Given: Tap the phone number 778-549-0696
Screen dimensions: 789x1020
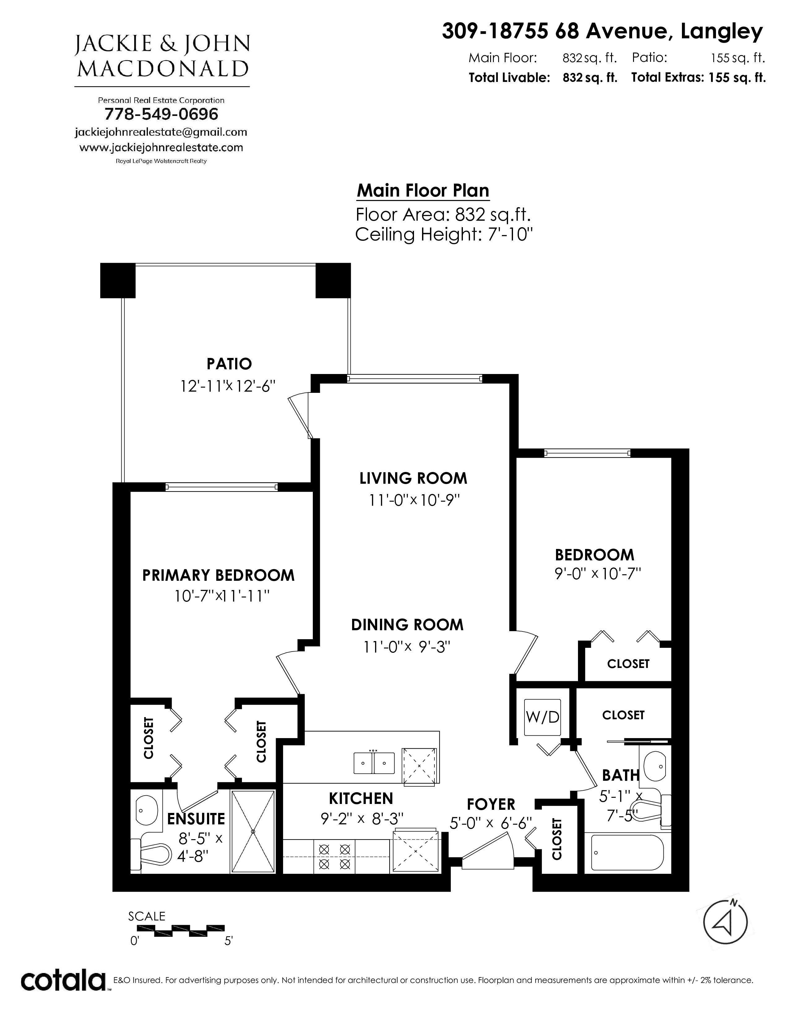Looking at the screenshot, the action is coord(161,114).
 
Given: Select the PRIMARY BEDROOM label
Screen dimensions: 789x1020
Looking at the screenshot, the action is coord(218,576).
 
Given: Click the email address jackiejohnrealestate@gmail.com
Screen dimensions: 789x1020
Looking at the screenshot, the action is coord(161,132).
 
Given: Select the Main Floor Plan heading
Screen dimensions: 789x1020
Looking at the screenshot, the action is coord(423,190).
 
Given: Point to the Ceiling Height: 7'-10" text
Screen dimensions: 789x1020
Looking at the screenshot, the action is coord(444,234).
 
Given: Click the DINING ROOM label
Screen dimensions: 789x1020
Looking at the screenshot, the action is coord(407,625).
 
